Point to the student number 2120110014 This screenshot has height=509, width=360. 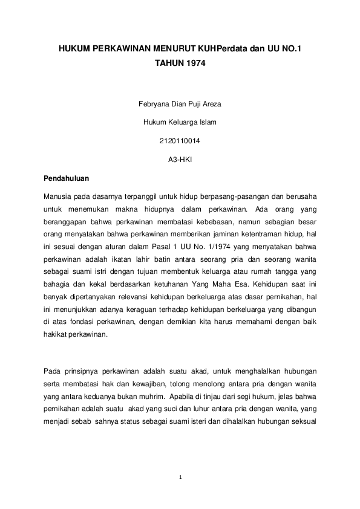coord(180,141)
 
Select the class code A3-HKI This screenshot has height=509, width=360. coord(180,160)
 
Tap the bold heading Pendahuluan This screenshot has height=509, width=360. coord(67,179)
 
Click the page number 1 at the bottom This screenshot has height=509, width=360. coord(180,478)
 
